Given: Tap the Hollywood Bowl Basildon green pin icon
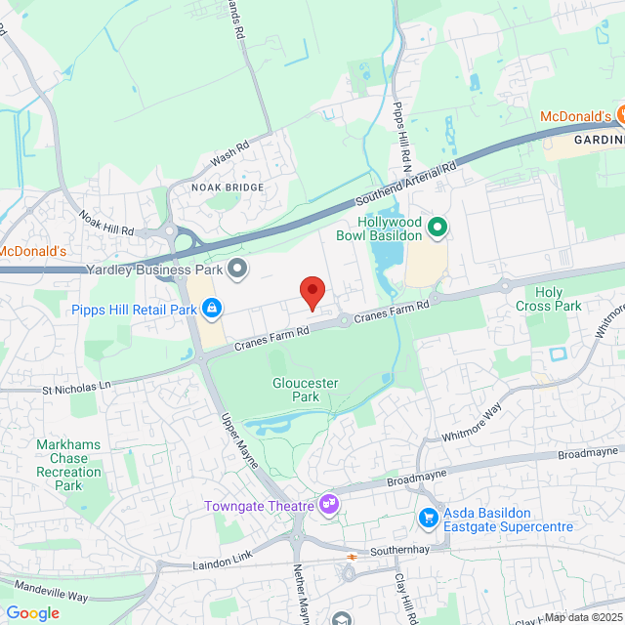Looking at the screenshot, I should pyautogui.click(x=437, y=229).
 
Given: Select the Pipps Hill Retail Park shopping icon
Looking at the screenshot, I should pyautogui.click(x=212, y=310).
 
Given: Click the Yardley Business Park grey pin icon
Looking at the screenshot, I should pyautogui.click(x=237, y=268).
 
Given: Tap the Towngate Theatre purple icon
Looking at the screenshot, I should pyautogui.click(x=330, y=504).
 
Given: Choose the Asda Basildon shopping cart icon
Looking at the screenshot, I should pyautogui.click(x=427, y=517).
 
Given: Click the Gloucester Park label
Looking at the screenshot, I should pyautogui.click(x=305, y=391).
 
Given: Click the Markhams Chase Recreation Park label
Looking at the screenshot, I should pyautogui.click(x=68, y=465).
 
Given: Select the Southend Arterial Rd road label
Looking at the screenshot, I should pyautogui.click(x=407, y=186).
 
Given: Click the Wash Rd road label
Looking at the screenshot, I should pyautogui.click(x=230, y=151).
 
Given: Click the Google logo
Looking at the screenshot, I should pyautogui.click(x=32, y=613).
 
